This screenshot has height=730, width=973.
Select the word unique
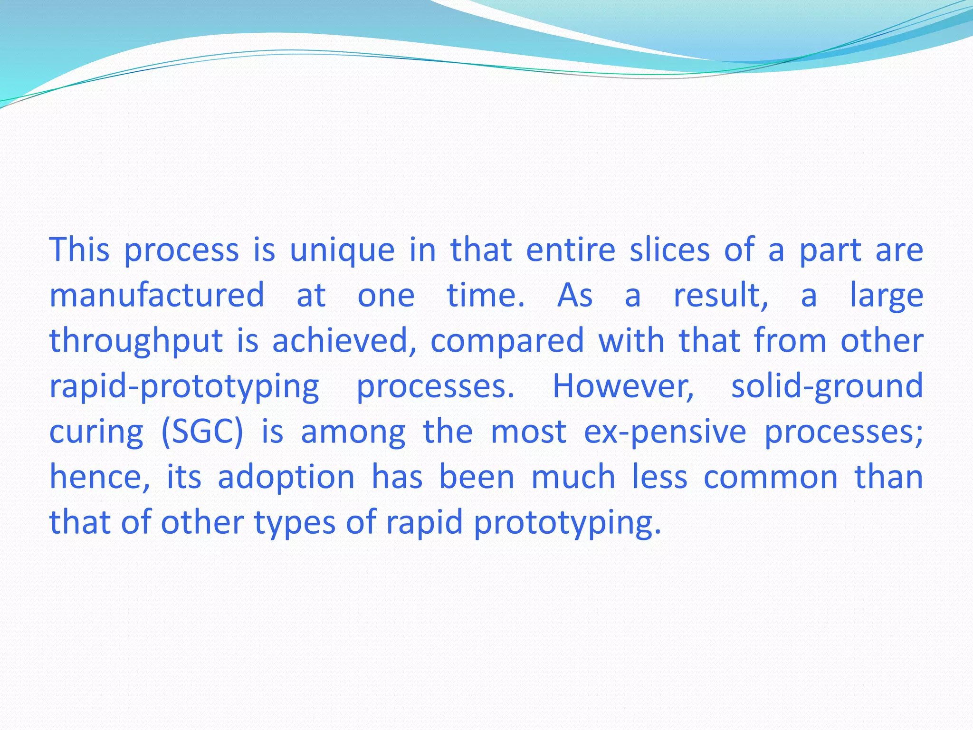coord(342,250)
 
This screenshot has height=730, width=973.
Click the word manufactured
coord(157,295)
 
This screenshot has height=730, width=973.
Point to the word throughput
coord(136,341)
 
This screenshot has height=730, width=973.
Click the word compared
coord(507,341)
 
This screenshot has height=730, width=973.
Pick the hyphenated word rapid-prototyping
coord(184,386)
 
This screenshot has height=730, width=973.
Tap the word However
coord(623,386)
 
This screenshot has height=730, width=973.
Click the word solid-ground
coord(827,386)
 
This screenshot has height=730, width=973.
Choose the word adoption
coord(286,477)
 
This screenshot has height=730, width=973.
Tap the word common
coord(771,477)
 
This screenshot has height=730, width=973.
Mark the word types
coord(295,523)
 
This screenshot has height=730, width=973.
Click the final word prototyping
coord(567,523)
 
